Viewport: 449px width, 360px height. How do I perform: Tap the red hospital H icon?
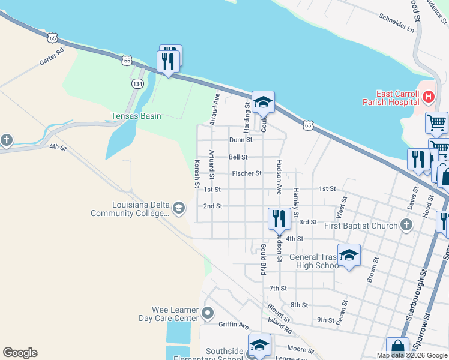[x=428, y=97]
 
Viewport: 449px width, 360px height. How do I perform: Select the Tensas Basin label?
[x=136, y=116]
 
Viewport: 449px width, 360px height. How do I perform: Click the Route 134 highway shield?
[x=137, y=85]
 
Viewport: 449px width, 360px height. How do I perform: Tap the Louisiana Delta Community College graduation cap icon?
[x=178, y=208]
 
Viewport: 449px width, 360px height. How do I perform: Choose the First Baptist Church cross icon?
[x=406, y=225]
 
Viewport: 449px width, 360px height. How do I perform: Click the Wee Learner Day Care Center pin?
[x=208, y=313]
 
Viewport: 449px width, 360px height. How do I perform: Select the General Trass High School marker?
[x=349, y=255]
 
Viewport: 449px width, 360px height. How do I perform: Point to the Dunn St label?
[x=241, y=140]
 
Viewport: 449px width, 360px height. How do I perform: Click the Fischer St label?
[x=246, y=173]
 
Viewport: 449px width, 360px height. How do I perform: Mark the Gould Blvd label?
[x=263, y=260]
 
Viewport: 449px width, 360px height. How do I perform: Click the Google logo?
[x=20, y=353]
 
